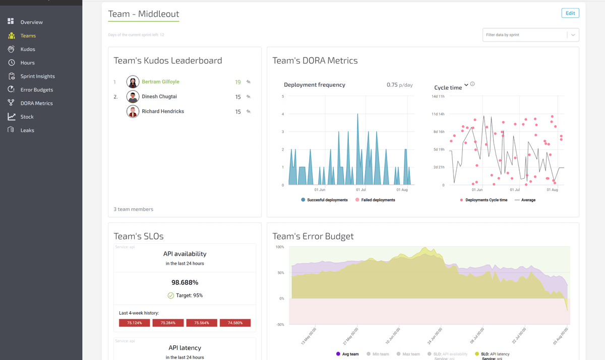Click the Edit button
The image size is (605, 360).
[x=570, y=13]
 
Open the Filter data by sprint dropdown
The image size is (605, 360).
[x=530, y=35]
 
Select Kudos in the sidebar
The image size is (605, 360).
[x=28, y=49]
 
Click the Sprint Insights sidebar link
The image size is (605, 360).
[x=37, y=76]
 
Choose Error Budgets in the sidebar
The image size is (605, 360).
[x=36, y=90]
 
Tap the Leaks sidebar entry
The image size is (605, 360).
[x=27, y=130]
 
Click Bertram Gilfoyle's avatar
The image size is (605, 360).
[x=133, y=82]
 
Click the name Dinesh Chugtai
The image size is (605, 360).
[x=159, y=96]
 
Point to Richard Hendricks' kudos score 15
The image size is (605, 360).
[x=238, y=111]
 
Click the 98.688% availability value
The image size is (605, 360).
[x=185, y=282]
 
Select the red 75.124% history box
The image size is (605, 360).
[x=134, y=323]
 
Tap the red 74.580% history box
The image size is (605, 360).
[x=235, y=323]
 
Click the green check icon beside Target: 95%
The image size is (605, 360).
[x=170, y=295]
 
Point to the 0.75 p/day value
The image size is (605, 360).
[x=399, y=85]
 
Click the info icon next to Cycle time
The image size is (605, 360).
[x=472, y=84]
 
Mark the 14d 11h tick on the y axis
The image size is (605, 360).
[x=438, y=96]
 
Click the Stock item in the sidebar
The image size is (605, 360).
[x=27, y=116]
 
